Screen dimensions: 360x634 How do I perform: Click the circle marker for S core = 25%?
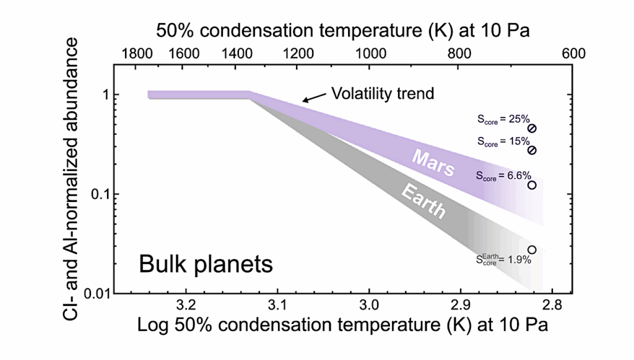click(532, 128)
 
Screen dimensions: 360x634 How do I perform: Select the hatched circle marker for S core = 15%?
click(532, 151)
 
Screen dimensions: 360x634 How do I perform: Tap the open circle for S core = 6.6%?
click(531, 185)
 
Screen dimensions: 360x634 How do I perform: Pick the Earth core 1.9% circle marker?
click(531, 250)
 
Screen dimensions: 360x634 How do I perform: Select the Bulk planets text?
click(206, 265)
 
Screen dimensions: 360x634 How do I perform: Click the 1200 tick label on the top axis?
click(298, 53)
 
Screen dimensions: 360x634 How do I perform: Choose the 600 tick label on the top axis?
click(573, 53)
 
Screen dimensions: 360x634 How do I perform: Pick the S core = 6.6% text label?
click(503, 176)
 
